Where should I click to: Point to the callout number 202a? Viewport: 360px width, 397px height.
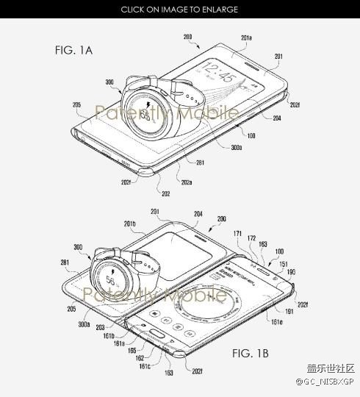[189, 181]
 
